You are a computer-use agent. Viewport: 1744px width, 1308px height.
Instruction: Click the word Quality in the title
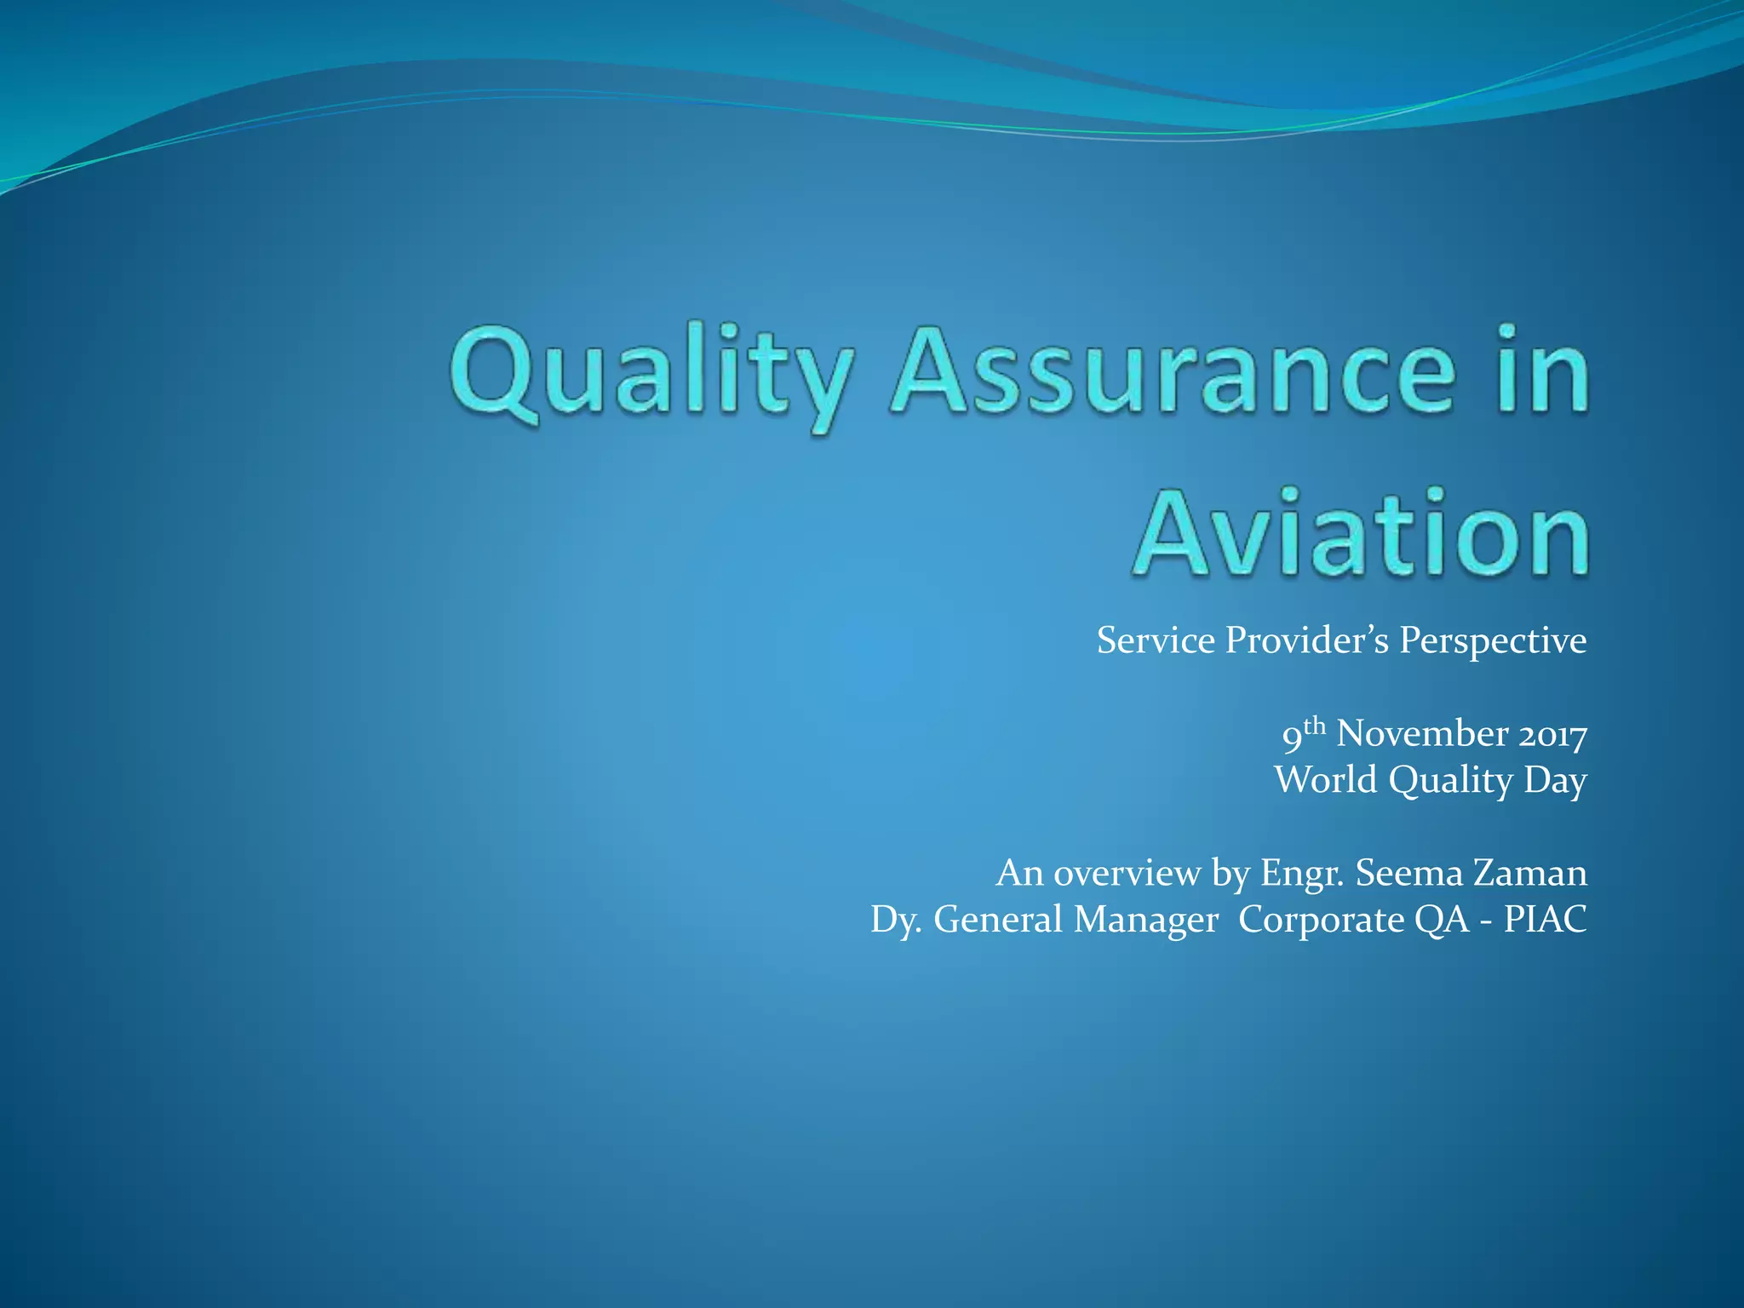651,375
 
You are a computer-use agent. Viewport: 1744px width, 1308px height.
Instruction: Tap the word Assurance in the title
1172,375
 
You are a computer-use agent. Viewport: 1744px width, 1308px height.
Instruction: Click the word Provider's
1306,640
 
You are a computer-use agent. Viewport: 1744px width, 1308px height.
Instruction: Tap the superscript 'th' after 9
1315,726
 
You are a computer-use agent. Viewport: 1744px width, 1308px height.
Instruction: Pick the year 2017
1553,735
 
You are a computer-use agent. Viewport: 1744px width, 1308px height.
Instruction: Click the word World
1325,780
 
